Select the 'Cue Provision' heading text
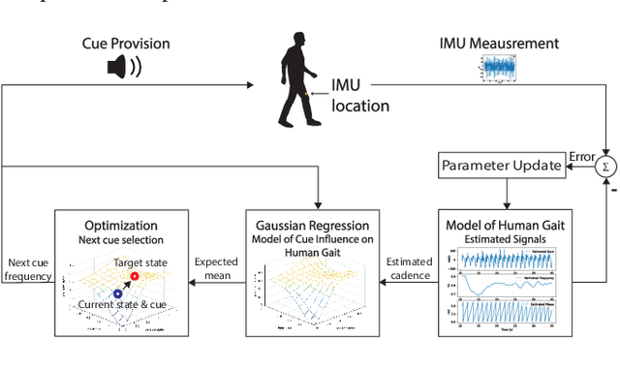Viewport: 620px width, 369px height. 125,45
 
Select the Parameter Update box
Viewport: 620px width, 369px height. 501,166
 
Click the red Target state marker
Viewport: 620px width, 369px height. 134,277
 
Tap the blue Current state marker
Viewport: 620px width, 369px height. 118,292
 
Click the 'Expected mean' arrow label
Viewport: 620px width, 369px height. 215,268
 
